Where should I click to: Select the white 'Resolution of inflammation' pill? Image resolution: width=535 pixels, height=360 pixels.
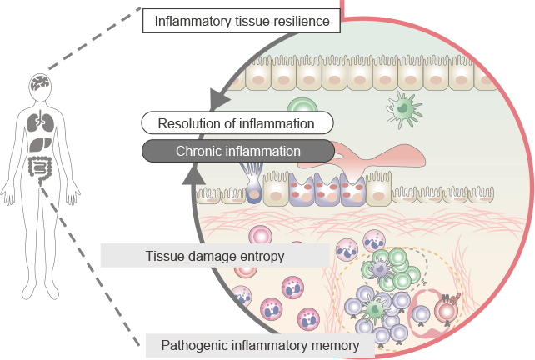pyautogui.click(x=237, y=123)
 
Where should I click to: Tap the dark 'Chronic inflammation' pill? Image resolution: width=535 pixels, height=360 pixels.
pyautogui.click(x=237, y=151)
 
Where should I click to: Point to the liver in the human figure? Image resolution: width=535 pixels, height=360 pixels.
pyautogui.click(x=36, y=144)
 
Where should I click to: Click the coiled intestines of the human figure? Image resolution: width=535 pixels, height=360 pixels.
pyautogui.click(x=39, y=166)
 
